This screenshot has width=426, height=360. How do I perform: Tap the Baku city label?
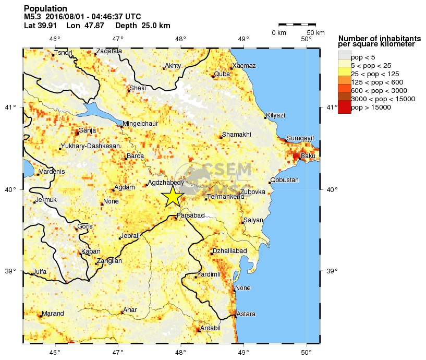point(309,156)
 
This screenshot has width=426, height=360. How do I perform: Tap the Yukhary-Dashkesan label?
point(90,146)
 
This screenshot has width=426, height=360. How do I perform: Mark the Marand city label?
point(53,314)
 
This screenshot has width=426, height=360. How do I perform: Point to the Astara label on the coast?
point(246,314)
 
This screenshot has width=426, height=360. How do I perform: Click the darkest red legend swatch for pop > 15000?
point(344,107)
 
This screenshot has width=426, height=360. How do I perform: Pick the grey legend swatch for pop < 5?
point(344,57)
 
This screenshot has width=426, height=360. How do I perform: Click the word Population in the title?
point(45,9)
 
